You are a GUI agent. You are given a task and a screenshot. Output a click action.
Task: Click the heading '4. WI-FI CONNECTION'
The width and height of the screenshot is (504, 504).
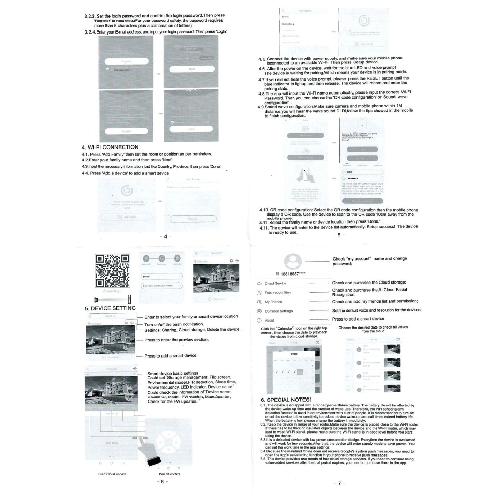tap(110, 147)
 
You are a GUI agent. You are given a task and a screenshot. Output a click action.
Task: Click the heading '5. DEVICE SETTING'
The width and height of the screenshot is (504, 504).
tap(110, 308)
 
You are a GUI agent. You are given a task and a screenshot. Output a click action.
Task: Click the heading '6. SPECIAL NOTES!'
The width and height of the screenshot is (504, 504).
tap(286, 400)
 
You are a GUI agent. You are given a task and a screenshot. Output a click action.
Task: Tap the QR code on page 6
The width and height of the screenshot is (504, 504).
tap(112, 271)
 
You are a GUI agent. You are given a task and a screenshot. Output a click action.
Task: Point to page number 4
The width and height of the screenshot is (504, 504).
tap(166, 236)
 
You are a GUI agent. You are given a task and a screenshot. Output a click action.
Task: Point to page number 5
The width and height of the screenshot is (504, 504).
tap(339, 235)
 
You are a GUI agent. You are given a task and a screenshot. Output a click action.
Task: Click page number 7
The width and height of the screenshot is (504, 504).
tap(339, 483)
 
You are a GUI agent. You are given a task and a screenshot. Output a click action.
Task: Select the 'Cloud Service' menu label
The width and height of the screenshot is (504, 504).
tap(275, 283)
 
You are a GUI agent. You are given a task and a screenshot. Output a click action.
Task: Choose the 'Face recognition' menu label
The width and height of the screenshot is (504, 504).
tap(278, 293)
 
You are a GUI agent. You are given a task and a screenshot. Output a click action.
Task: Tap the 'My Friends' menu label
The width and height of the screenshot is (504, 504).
tap(273, 302)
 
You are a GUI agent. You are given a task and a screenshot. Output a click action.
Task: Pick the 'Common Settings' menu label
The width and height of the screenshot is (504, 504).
tap(279, 311)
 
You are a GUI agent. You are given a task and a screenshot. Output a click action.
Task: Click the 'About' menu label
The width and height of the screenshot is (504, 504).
tap(269, 321)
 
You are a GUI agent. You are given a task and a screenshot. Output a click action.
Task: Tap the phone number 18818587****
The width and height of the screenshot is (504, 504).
tap(293, 274)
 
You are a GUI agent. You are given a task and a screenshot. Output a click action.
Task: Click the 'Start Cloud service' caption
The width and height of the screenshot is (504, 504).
tap(112, 474)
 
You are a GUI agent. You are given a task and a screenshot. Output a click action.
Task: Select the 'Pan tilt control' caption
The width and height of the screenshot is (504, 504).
tap(170, 474)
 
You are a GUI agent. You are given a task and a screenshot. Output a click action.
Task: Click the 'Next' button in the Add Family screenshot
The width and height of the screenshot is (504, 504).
tap(193, 219)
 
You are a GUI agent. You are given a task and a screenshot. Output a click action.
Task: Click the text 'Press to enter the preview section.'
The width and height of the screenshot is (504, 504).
tap(176, 340)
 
